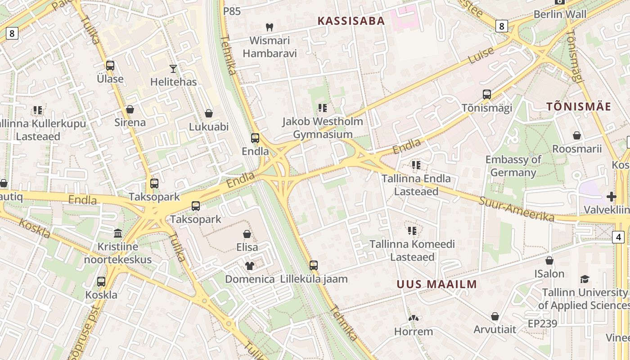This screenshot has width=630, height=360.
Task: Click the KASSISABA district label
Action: [x=351, y=21]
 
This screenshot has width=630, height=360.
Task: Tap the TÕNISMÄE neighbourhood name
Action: [x=579, y=107]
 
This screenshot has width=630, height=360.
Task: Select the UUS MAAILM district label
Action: [x=436, y=284]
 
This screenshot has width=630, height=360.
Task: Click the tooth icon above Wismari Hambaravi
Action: [x=270, y=27]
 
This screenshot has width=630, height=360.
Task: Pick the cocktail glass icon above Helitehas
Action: [x=173, y=68]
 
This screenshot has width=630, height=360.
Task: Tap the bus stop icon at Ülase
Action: [x=110, y=66]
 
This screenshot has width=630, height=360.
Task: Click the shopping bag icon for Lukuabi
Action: [x=209, y=113]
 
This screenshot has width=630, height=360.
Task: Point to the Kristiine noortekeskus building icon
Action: [x=118, y=233]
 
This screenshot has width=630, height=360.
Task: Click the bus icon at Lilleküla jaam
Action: [x=314, y=265]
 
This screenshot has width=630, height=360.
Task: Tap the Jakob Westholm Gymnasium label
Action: [x=323, y=128]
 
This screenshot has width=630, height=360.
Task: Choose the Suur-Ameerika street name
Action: [x=516, y=209]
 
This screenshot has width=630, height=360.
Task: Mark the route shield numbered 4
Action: [x=619, y=237]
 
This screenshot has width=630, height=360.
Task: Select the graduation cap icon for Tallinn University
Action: [x=585, y=279]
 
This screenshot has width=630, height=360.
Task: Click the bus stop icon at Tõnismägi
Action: [x=487, y=94]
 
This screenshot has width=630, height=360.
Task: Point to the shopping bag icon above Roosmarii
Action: [x=577, y=135]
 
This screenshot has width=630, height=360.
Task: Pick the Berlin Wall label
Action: [x=560, y=14]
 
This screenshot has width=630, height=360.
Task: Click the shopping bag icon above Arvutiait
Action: [x=495, y=316]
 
